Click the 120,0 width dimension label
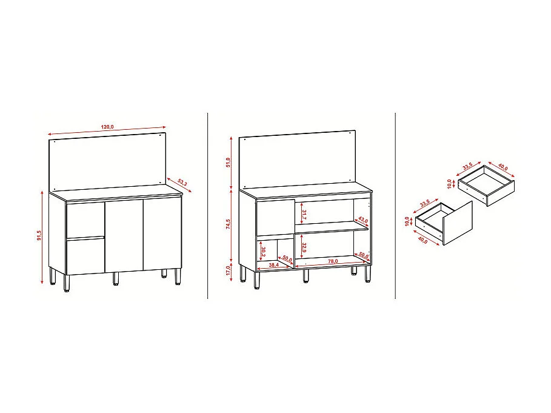pos(107,127)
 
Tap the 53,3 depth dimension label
pos(182,183)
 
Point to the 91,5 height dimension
pos(39,235)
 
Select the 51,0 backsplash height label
pos(228,162)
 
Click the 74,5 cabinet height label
pos(228,224)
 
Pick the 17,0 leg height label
pos(228,270)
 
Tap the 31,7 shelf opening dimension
pos(304,214)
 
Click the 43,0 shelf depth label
pos(362,220)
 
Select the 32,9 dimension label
pos(304,248)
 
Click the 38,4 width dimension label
pos(274,265)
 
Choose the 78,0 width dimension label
pos(332,261)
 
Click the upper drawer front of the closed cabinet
pos(85,219)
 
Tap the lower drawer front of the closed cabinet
pos(85,255)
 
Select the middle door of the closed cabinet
pos(124,235)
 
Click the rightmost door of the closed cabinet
pos(162,233)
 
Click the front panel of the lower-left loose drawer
pos(458,223)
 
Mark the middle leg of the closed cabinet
pos(115,278)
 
